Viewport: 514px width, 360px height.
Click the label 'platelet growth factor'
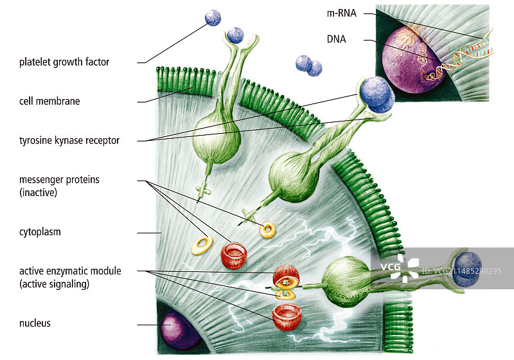[64, 62]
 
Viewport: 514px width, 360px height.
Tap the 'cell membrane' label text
[49, 101]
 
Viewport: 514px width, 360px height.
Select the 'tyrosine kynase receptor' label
[69, 140]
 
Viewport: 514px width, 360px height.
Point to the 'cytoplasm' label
[40, 232]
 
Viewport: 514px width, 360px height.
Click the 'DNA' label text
[336, 39]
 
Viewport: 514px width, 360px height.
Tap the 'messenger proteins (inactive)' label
[59, 185]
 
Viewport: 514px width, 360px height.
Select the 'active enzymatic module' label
[70, 277]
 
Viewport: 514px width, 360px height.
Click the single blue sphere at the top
[213, 18]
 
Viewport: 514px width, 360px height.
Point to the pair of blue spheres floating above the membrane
[308, 66]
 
